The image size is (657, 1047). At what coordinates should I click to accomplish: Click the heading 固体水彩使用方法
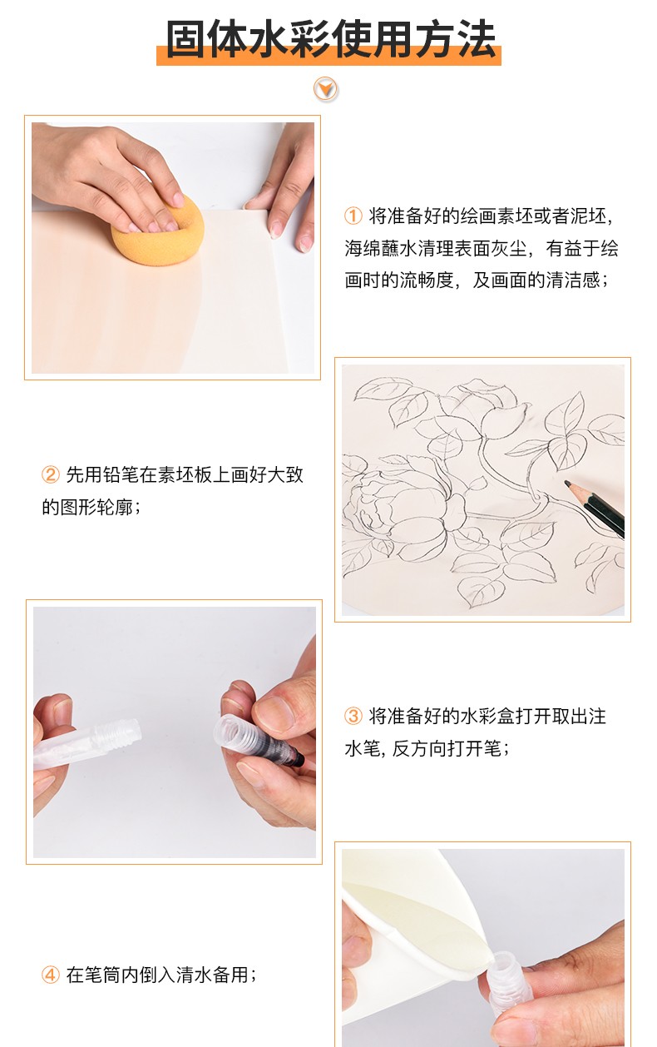point(330,39)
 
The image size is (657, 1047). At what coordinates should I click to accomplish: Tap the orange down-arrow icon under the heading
point(325,89)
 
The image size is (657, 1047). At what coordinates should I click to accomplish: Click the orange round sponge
point(157,230)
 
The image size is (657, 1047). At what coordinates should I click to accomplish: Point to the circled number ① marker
point(353,216)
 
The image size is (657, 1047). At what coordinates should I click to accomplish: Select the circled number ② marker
point(51,475)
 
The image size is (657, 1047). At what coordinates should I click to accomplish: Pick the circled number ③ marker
point(353,716)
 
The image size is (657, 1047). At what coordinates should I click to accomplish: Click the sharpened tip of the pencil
point(567,483)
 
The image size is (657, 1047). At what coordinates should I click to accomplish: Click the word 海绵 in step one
point(363,248)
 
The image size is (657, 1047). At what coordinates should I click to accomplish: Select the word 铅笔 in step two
point(121,475)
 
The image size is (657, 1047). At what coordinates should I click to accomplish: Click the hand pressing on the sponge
point(112,177)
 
